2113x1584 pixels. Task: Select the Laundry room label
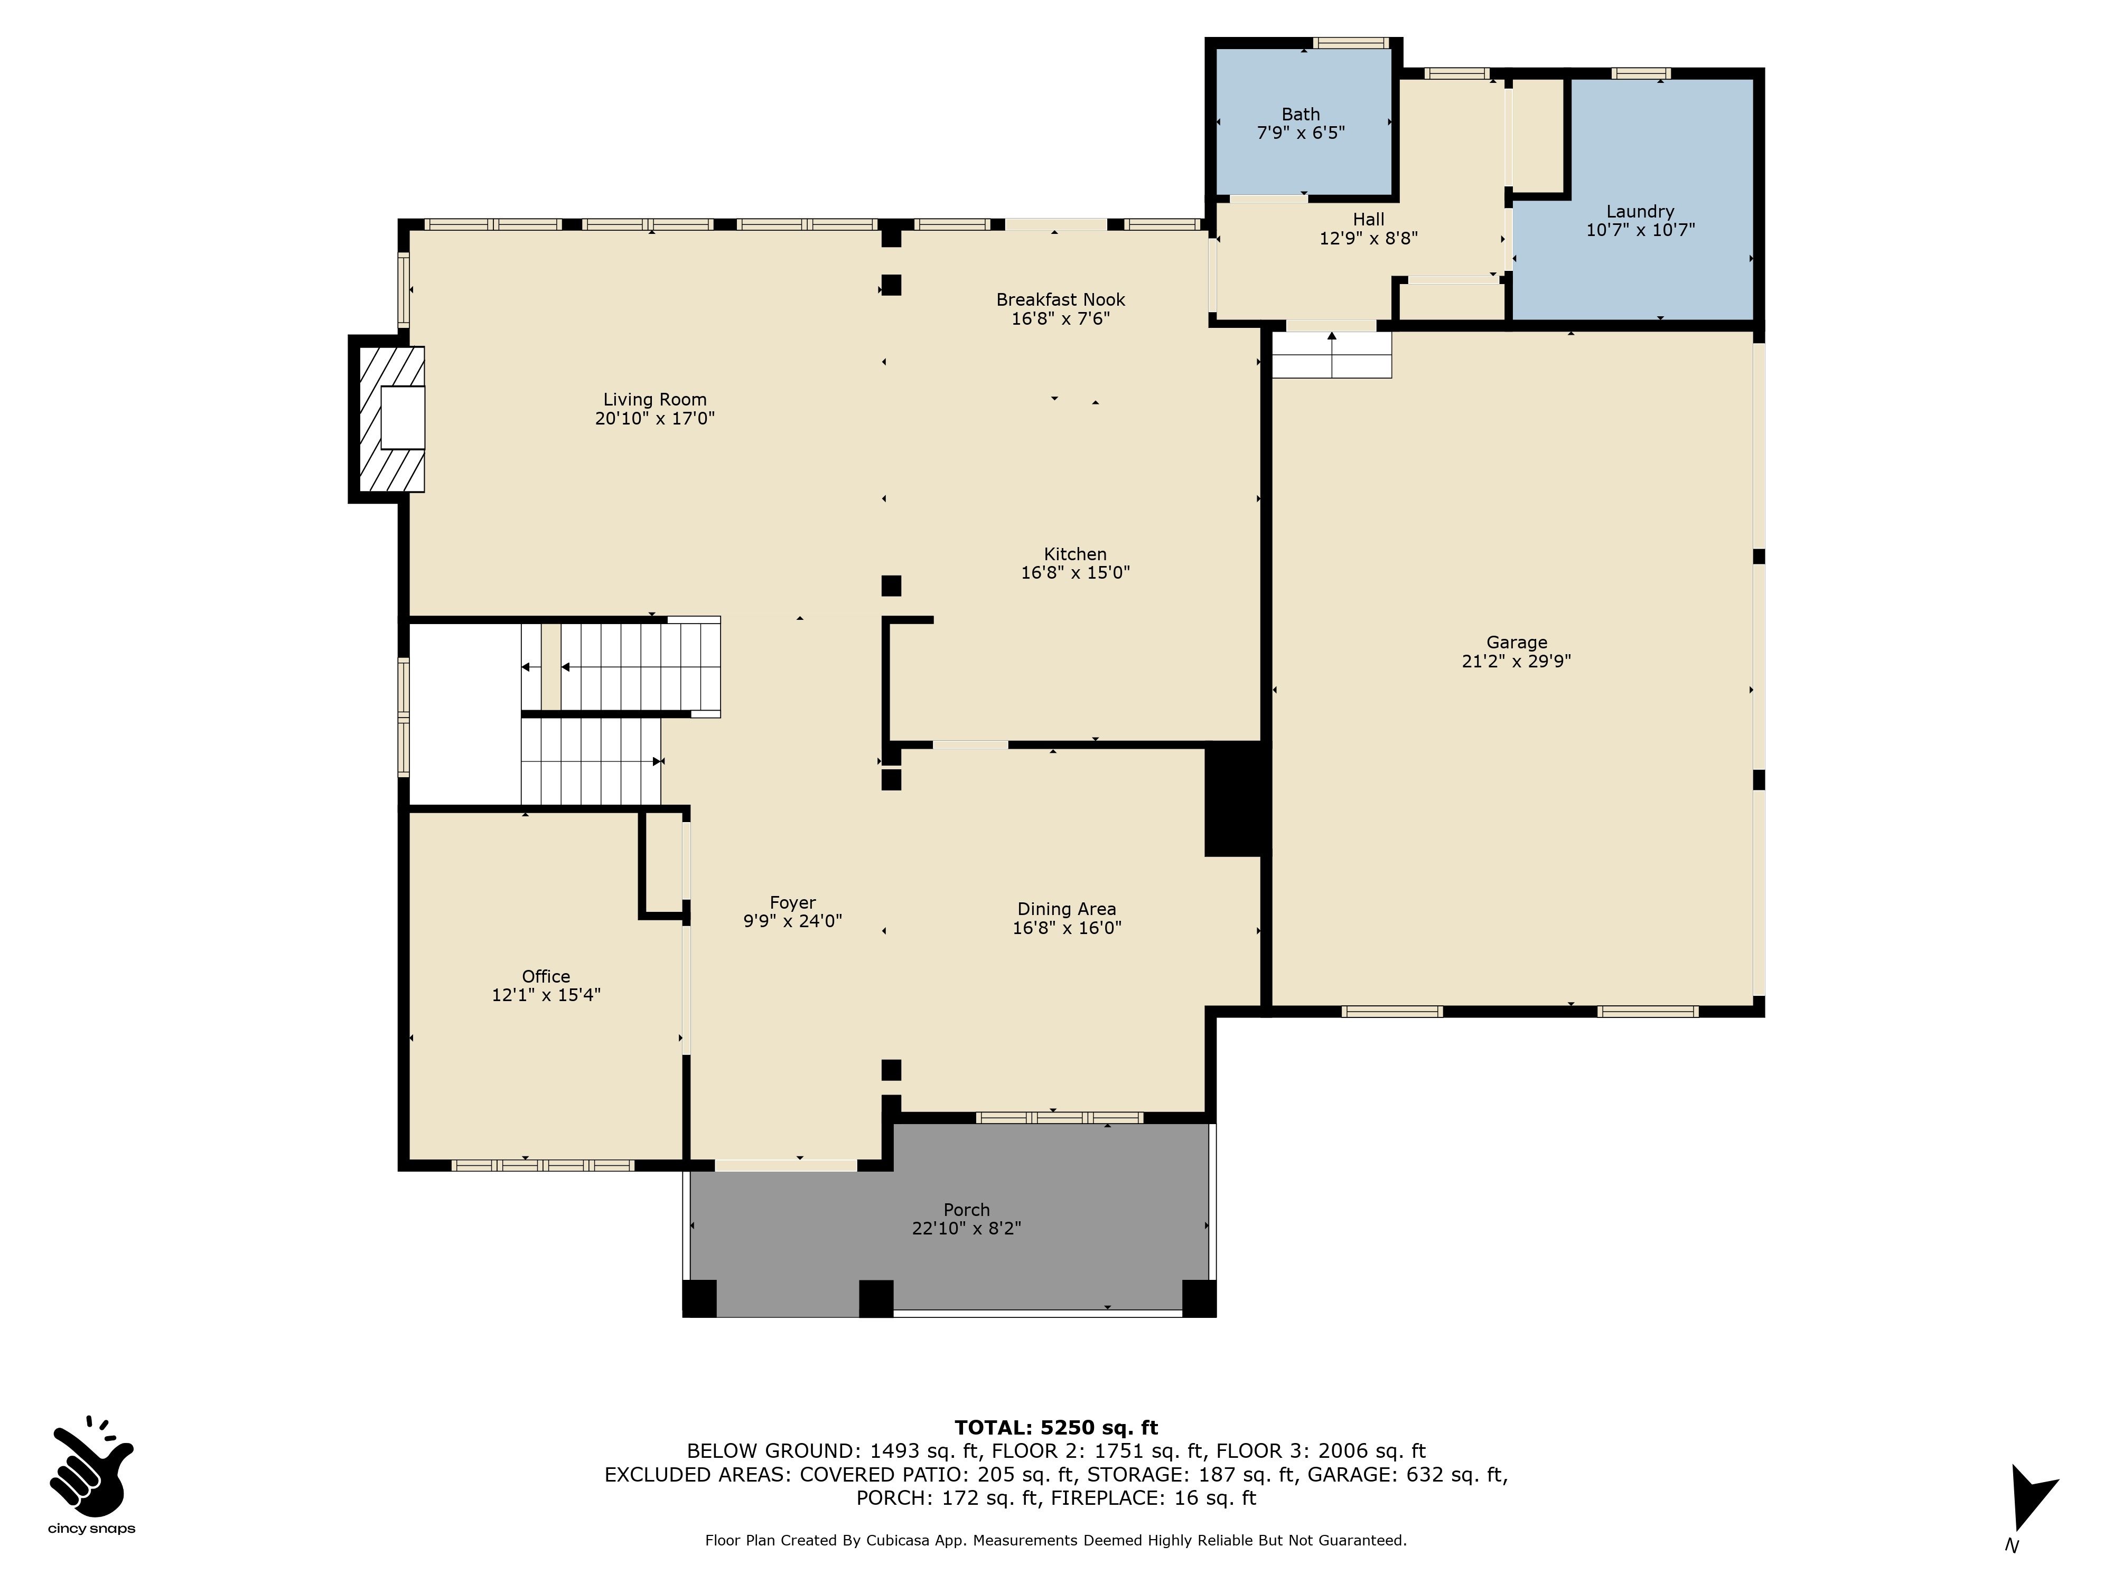(x=1640, y=212)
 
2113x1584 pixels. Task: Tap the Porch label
(x=967, y=1210)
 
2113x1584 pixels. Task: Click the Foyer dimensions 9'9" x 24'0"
(x=793, y=921)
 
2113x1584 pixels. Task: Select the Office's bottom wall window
(x=543, y=1165)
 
